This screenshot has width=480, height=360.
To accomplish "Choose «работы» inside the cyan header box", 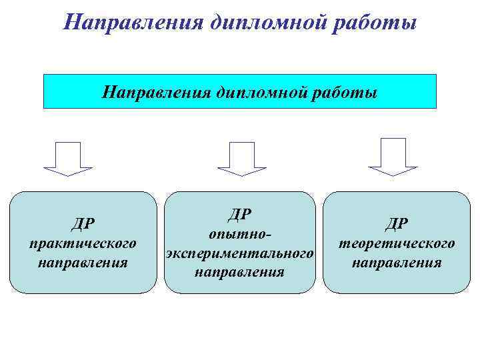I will coord(345,92).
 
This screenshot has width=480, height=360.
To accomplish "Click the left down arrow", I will coord(68,159).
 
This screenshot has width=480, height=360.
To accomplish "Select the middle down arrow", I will coord(241,159).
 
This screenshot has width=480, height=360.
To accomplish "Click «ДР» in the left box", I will coord(83,223).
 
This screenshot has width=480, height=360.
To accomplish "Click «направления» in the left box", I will coord(83,261).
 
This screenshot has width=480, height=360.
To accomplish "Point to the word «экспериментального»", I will coord(240,254).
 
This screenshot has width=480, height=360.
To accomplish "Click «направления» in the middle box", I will coord(240,273).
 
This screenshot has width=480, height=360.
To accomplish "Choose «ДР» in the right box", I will coord(397,223).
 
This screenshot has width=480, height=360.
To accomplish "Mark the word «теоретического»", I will coord(397,243).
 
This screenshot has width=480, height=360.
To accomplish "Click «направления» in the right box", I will coord(397,262).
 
